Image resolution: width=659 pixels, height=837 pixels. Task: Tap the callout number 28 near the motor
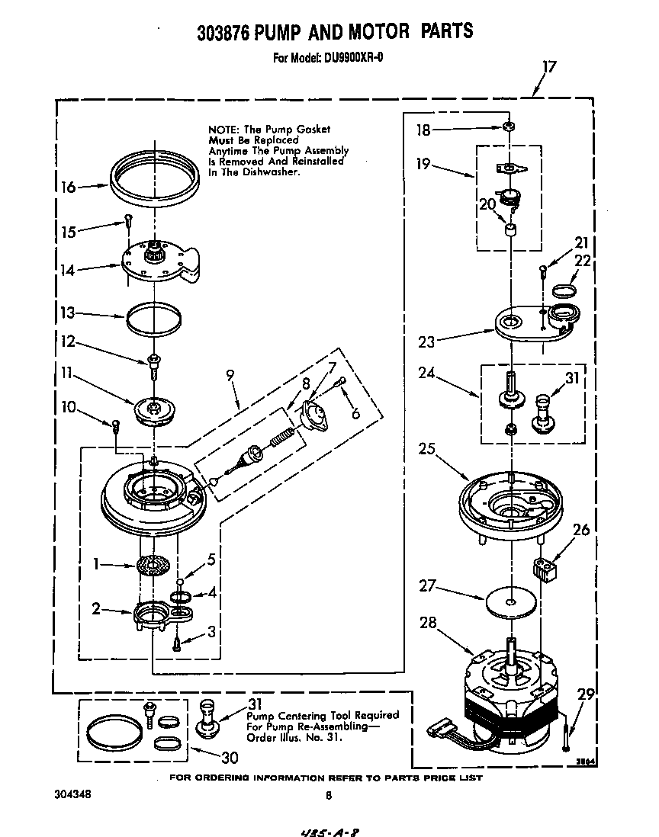429,624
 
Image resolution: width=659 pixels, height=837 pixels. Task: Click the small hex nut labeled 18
508,127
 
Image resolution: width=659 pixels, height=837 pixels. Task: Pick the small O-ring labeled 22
563,290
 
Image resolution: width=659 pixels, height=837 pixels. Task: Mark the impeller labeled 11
155,410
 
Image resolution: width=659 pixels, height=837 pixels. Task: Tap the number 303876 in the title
224,31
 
